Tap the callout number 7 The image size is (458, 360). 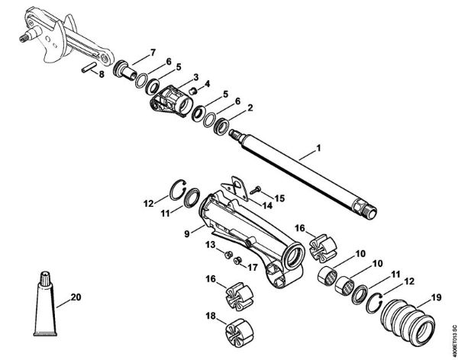pos(153,52)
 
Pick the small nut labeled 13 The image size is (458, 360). pos(228,252)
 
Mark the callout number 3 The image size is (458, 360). pos(196,77)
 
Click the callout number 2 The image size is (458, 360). pos(250,108)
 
